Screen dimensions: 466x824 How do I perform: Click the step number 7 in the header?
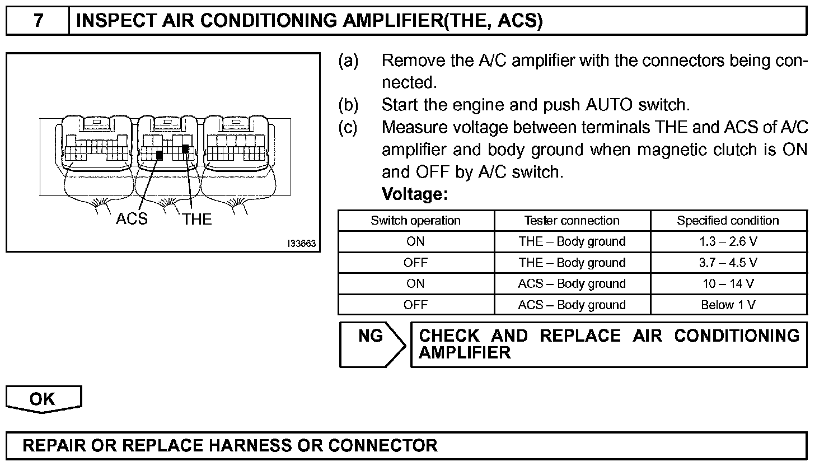tap(38, 21)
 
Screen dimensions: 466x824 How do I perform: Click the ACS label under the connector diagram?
tap(132, 219)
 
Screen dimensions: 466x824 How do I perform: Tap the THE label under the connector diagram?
tap(197, 219)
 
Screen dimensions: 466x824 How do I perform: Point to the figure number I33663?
tap(302, 244)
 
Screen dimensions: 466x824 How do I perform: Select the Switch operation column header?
tap(415, 221)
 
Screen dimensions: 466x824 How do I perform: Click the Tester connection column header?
tap(572, 221)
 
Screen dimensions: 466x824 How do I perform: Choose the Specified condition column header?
tap(728, 221)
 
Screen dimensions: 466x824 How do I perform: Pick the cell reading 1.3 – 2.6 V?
tap(728, 242)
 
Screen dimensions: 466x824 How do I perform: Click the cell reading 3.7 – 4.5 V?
tap(728, 263)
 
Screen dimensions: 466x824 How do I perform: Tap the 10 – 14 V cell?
tap(728, 284)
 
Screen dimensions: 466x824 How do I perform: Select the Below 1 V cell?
tap(728, 305)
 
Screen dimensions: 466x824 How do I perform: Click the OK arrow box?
tap(43, 399)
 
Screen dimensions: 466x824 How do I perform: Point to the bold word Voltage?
tap(414, 194)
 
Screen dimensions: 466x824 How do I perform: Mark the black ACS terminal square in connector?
tap(160, 155)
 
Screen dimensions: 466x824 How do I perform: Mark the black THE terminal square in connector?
tap(185, 148)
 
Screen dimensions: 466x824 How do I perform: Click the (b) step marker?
tap(348, 105)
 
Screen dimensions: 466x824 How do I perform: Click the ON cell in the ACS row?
tap(415, 284)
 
